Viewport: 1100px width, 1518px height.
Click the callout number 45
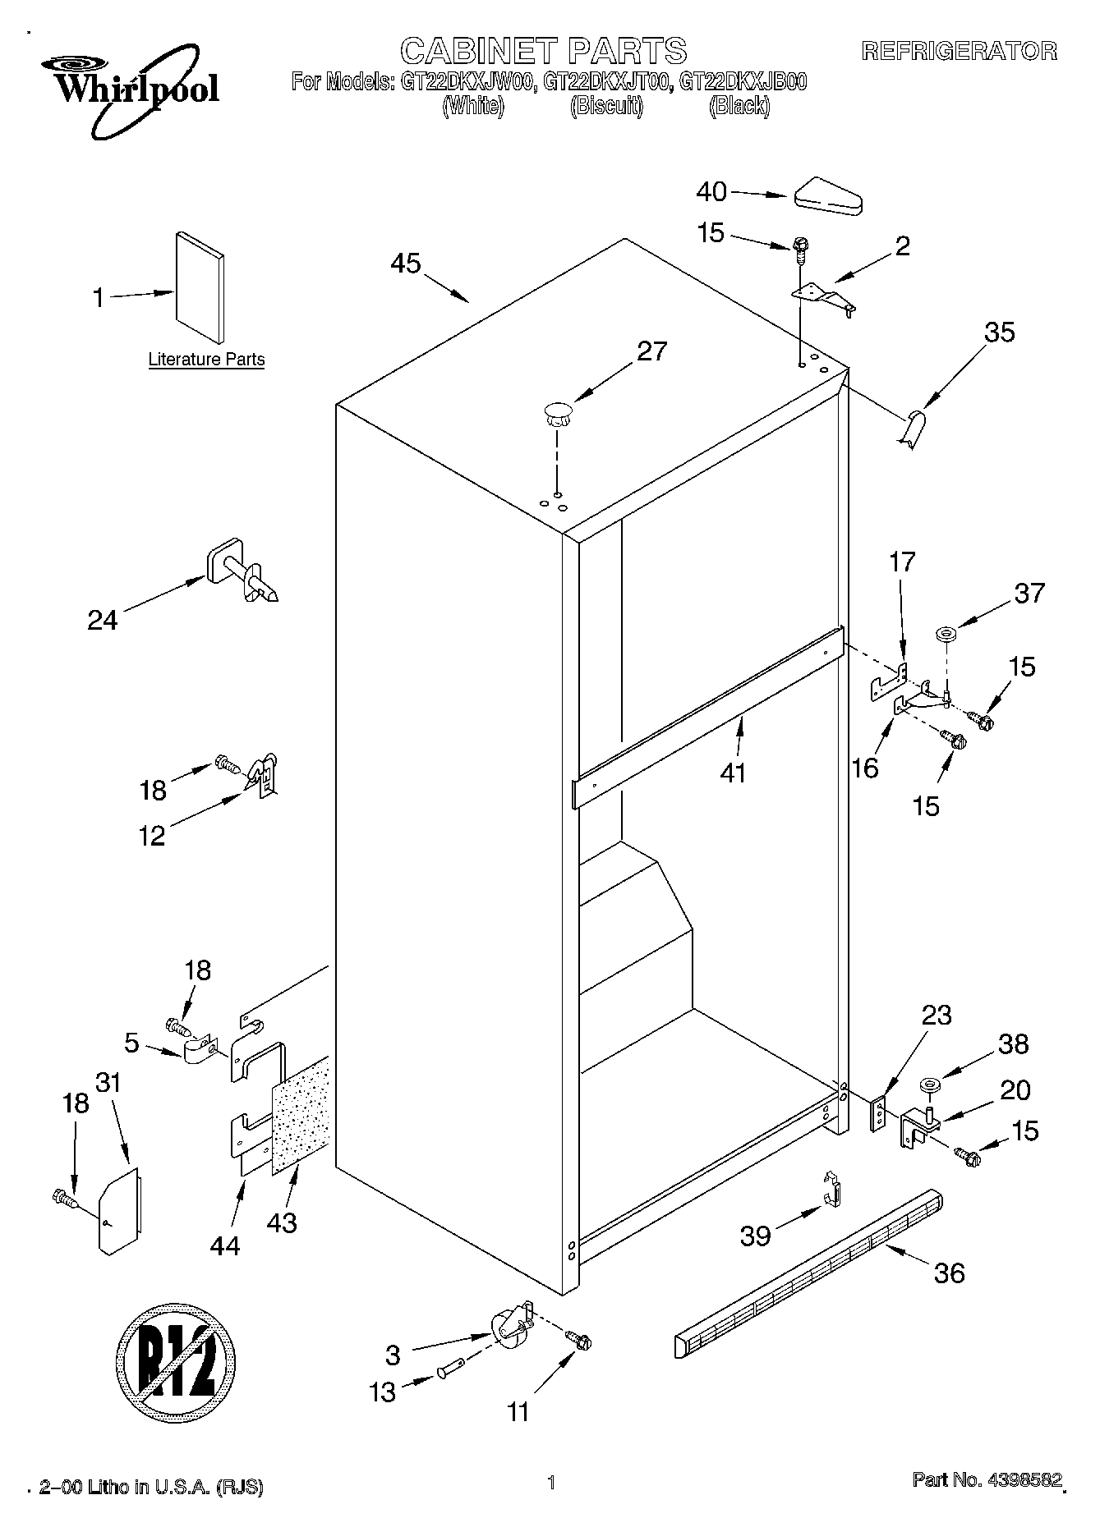click(x=406, y=264)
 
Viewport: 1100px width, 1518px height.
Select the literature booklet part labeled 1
click(x=199, y=287)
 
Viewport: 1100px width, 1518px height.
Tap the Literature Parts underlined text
click(x=206, y=360)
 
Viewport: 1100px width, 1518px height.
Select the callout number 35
click(x=1000, y=332)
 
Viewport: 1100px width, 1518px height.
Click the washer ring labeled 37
click(x=946, y=634)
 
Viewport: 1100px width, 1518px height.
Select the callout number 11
click(x=518, y=1411)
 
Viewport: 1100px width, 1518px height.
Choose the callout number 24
click(x=103, y=619)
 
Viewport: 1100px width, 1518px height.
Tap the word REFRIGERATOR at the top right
click(x=959, y=52)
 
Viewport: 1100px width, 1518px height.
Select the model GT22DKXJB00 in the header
click(x=743, y=81)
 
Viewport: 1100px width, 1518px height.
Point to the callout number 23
click(x=936, y=1015)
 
